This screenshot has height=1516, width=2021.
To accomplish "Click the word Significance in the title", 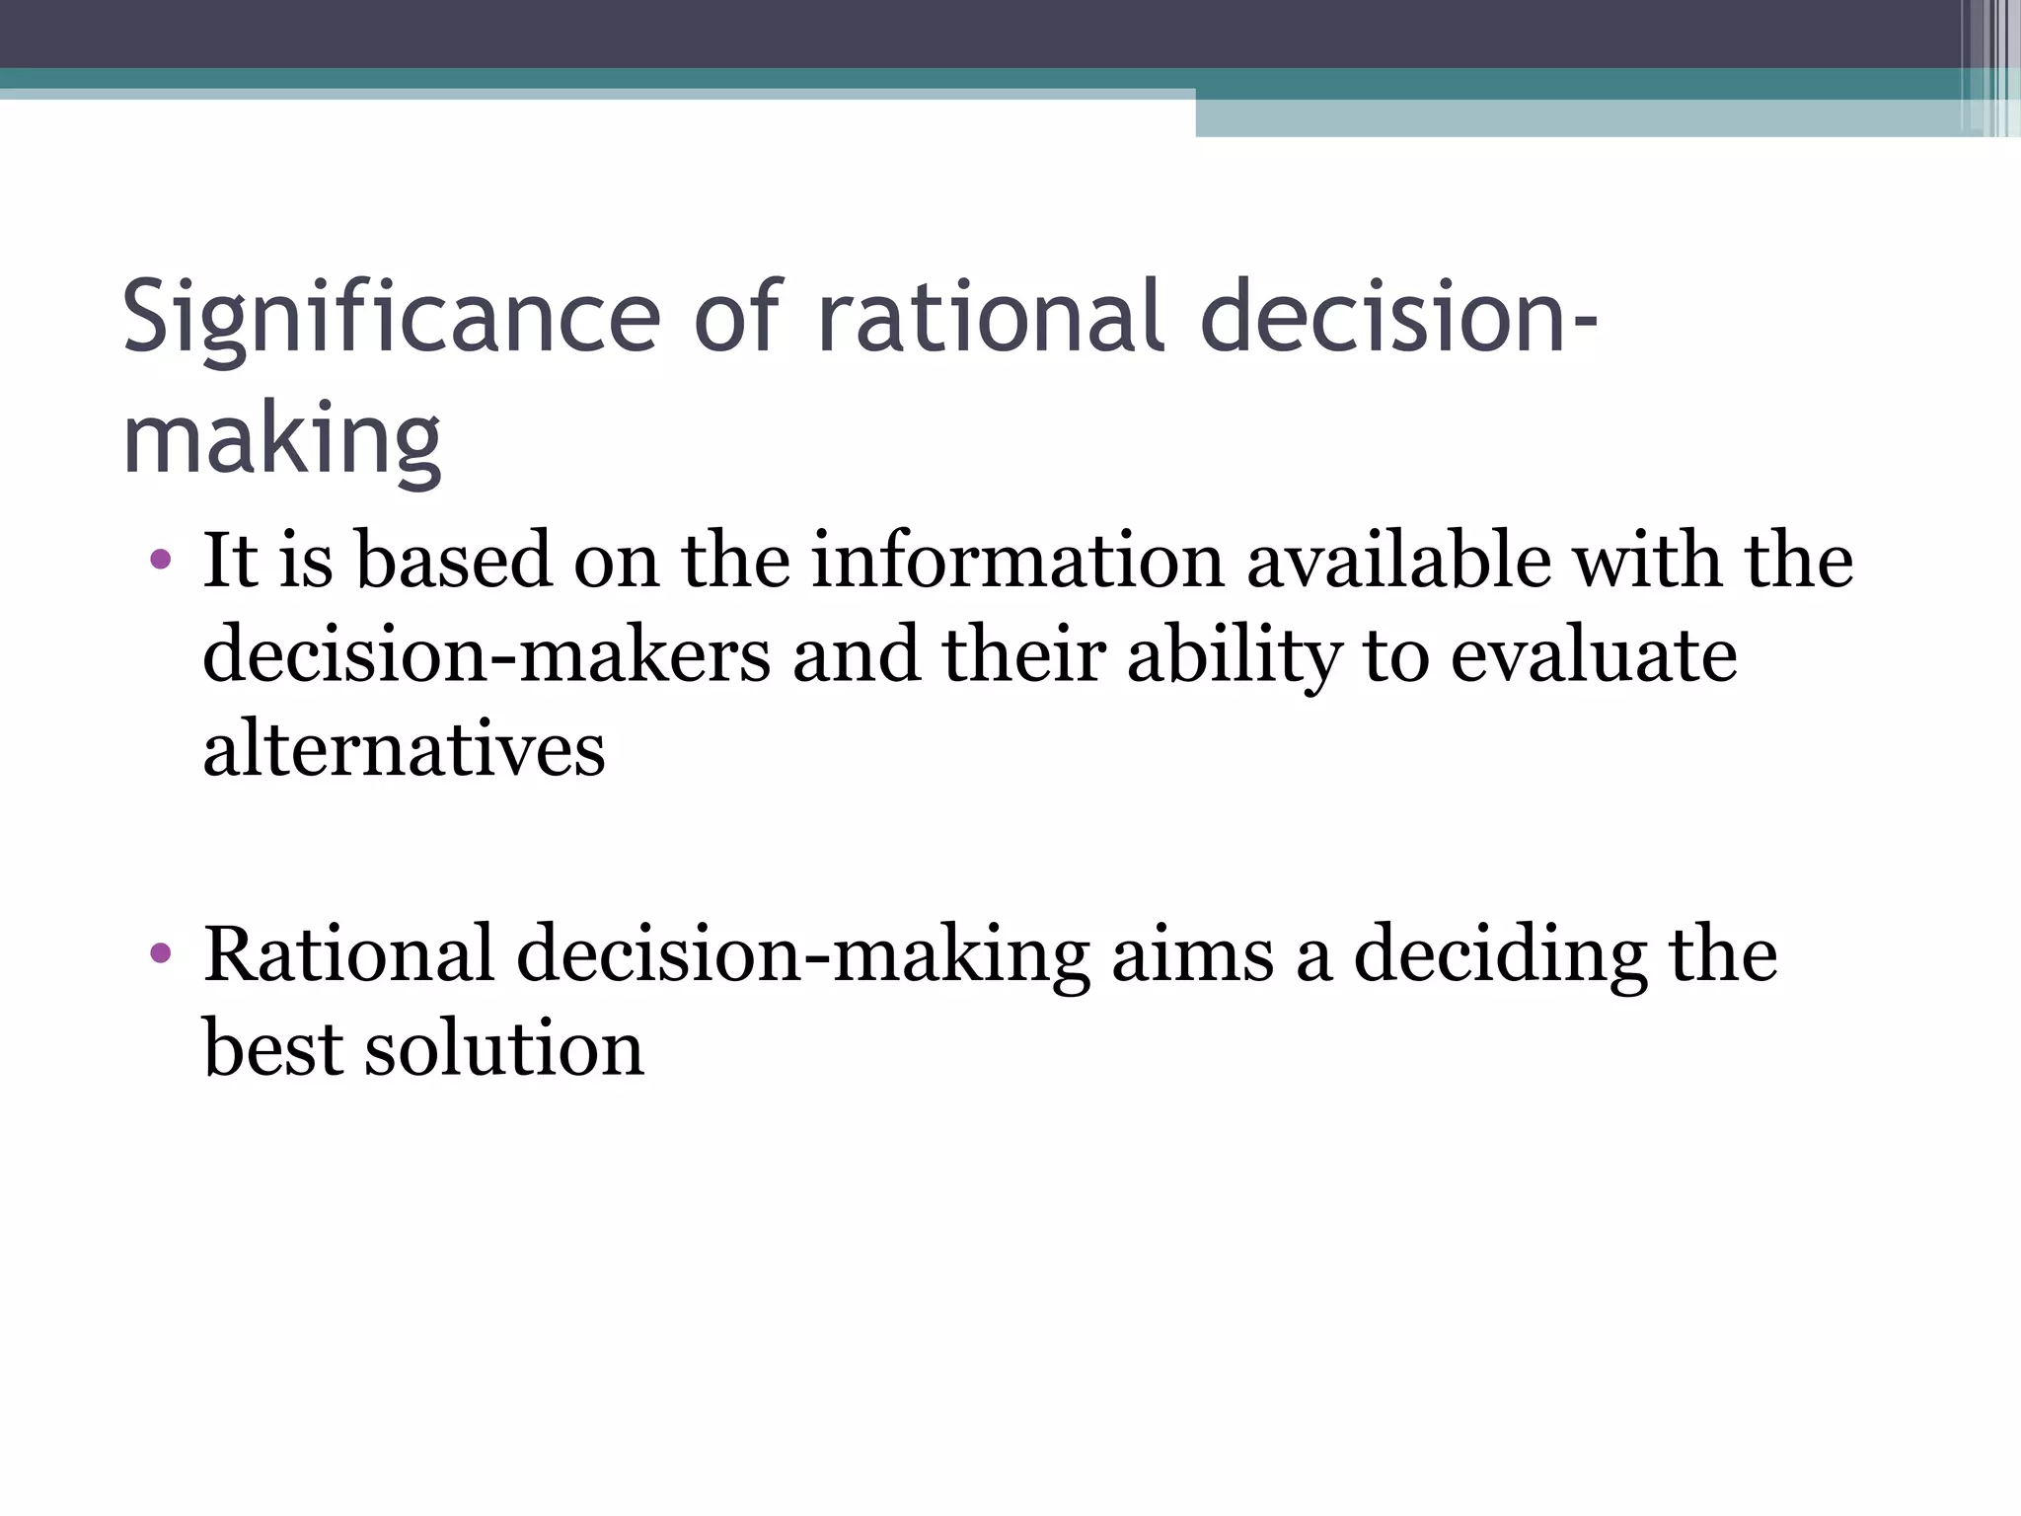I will (391, 318).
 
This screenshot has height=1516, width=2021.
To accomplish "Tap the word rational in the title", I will (991, 318).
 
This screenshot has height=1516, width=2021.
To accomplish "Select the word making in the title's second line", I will (281, 439).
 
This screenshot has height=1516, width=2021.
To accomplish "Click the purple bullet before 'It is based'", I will (161, 561).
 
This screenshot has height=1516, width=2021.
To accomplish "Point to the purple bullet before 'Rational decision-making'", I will (161, 954).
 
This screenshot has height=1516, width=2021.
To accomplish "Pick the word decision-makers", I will (487, 655).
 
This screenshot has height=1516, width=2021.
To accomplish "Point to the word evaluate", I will (1593, 655).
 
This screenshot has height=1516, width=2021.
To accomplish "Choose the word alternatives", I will (404, 750).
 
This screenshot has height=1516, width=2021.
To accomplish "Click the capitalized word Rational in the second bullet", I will (348, 954).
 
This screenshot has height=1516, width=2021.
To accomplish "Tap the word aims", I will (1192, 954).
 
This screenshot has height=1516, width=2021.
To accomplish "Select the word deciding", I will (1500, 956).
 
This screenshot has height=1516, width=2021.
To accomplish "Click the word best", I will (272, 1048).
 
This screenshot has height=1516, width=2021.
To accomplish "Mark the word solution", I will (504, 1048).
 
